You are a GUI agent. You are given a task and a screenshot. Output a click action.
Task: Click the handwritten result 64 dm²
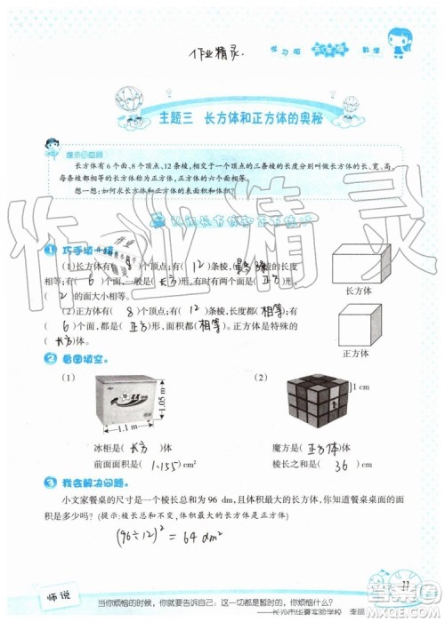[179, 537]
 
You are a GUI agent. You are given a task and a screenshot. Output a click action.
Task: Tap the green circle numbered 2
[52, 359]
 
